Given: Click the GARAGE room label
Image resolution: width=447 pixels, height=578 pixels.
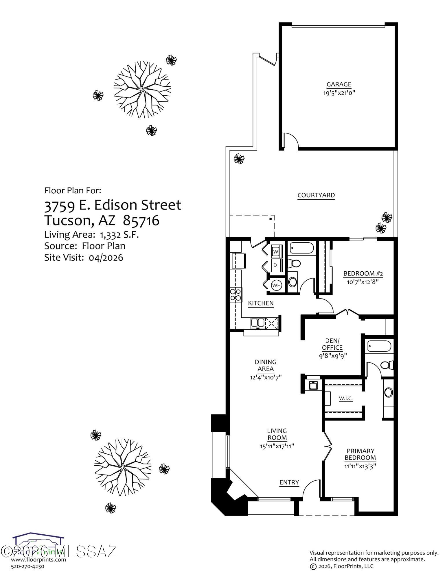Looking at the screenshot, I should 339,85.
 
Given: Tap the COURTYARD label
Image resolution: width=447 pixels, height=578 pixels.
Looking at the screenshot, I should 316,195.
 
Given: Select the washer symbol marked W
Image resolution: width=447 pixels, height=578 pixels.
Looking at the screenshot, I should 276,251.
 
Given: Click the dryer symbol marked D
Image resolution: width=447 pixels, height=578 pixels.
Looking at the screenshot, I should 276,265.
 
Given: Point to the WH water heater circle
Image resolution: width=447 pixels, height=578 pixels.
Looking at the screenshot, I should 276,286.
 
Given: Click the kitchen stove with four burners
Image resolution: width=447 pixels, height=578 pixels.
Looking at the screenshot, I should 236,295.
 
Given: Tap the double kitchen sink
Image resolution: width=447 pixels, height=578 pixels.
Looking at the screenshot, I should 257,322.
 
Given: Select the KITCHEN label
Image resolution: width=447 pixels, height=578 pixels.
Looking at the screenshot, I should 261,303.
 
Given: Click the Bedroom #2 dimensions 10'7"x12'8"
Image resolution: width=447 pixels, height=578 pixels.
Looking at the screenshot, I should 363,282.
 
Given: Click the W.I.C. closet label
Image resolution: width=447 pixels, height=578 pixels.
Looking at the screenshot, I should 345,399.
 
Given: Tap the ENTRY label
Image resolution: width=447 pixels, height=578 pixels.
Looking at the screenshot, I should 289,482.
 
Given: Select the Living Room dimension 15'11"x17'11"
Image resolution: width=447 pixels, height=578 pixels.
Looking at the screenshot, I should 277,446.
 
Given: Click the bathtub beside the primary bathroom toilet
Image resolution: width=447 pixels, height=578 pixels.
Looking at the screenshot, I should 379,346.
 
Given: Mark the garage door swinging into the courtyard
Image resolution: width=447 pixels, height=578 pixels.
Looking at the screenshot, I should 291,141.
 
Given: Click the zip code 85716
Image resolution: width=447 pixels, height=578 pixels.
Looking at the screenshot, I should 141,221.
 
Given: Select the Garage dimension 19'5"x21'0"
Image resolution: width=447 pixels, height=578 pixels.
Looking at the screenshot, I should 339,93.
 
